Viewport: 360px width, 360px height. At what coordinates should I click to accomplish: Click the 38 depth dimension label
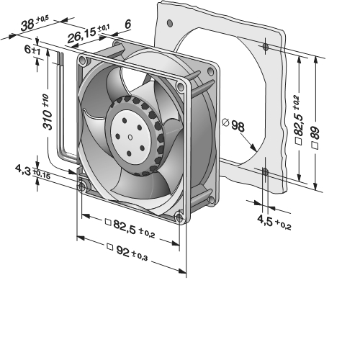pyautogui.click(x=35, y=24)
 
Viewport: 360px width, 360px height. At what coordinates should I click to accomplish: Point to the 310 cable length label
pyautogui.click(x=47, y=112)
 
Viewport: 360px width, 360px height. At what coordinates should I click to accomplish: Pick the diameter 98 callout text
pyautogui.click(x=233, y=125)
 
